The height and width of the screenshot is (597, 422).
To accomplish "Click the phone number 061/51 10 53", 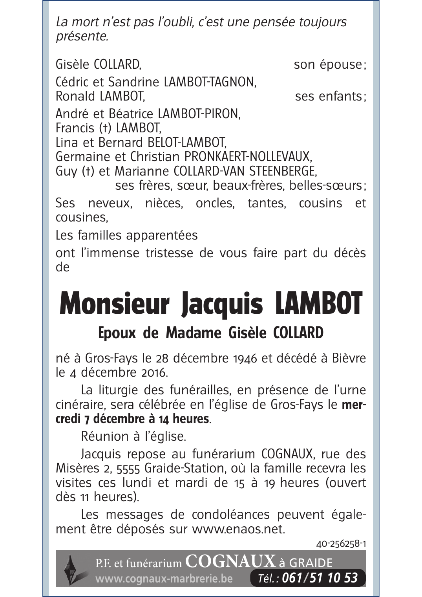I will pyautogui.click(x=320, y=578).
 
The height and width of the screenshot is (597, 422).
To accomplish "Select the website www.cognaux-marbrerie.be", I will pyautogui.click(x=164, y=579).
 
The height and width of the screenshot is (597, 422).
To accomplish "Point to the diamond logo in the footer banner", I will pyautogui.click(x=71, y=568).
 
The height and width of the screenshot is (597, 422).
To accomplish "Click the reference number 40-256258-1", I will pyautogui.click(x=341, y=544).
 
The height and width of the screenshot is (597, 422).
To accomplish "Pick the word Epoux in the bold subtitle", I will pyautogui.click(x=117, y=333).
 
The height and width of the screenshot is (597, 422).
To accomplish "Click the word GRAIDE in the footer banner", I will pyautogui.click(x=310, y=563).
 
